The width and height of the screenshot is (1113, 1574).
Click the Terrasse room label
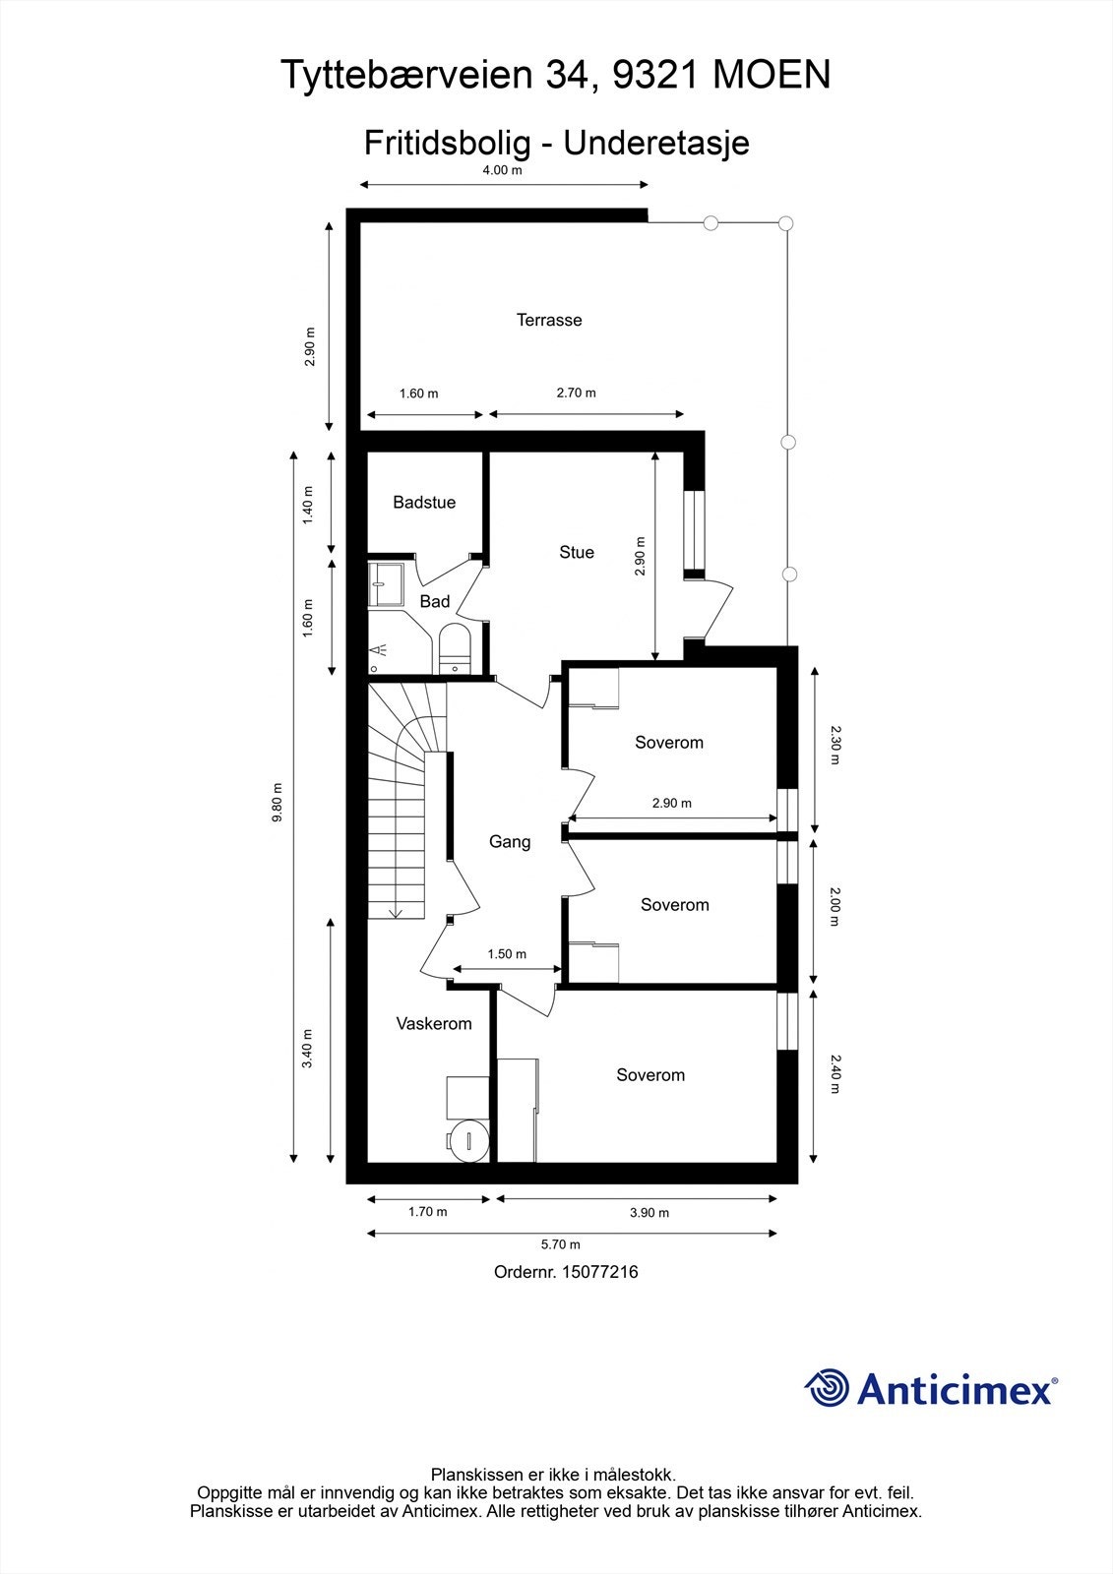click(549, 320)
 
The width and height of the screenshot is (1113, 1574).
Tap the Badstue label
click(424, 503)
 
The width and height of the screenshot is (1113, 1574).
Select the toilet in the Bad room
click(455, 647)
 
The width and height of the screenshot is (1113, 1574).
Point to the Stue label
click(577, 553)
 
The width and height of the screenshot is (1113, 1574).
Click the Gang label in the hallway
click(510, 842)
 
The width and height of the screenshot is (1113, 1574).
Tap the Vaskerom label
click(434, 1024)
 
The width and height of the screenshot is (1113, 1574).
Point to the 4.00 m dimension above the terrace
click(502, 170)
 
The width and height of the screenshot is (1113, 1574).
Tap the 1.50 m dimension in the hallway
click(507, 954)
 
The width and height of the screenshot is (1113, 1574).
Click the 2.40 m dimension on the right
click(835, 1074)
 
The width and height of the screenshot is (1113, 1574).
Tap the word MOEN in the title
click(771, 76)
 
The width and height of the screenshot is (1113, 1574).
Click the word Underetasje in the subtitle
click(655, 143)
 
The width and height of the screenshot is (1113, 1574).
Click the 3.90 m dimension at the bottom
click(649, 1213)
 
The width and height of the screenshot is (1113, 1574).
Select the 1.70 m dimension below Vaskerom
click(427, 1212)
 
